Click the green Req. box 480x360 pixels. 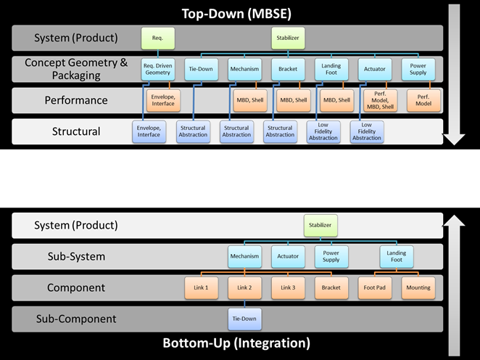[158, 38]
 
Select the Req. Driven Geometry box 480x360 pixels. [158, 70]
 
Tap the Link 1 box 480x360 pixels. [202, 288]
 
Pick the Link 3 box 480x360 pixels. [288, 288]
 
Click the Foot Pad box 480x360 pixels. [375, 288]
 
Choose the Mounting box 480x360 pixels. [418, 288]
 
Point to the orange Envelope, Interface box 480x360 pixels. [163, 100]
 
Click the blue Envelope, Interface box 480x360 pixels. [149, 132]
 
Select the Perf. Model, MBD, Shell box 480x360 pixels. [381, 100]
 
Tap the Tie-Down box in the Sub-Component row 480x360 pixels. [245, 319]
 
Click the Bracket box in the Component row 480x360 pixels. [331, 288]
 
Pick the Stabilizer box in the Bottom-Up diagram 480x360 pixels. [320, 226]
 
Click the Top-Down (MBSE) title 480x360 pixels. [236, 14]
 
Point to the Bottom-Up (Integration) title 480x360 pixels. [236, 343]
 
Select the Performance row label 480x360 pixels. [76, 100]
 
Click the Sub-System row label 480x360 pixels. [76, 256]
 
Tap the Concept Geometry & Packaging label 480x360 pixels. [76, 69]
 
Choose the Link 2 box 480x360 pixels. [245, 288]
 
